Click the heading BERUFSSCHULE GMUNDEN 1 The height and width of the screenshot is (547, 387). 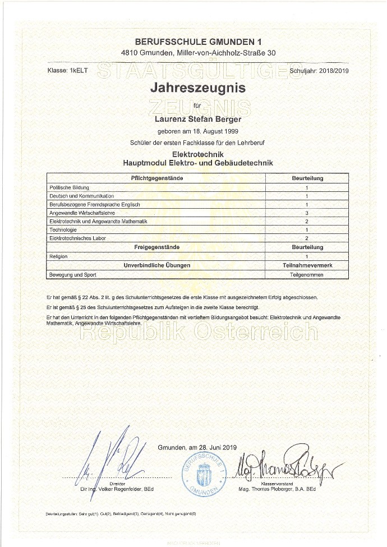[198, 42]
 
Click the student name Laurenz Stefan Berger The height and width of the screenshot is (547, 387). [197, 118]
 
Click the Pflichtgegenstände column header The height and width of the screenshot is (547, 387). [157, 178]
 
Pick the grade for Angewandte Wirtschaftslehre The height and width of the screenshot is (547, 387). [307, 213]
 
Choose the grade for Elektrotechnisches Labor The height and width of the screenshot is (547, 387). [307, 238]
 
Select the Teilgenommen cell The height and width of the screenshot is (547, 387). [307, 275]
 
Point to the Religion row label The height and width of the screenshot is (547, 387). [59, 256]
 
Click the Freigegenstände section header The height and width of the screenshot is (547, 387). [157, 247]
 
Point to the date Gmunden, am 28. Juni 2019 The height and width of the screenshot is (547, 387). [198, 447]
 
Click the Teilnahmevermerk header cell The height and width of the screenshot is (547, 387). [307, 264]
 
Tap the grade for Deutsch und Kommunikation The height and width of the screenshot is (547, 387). [307, 196]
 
